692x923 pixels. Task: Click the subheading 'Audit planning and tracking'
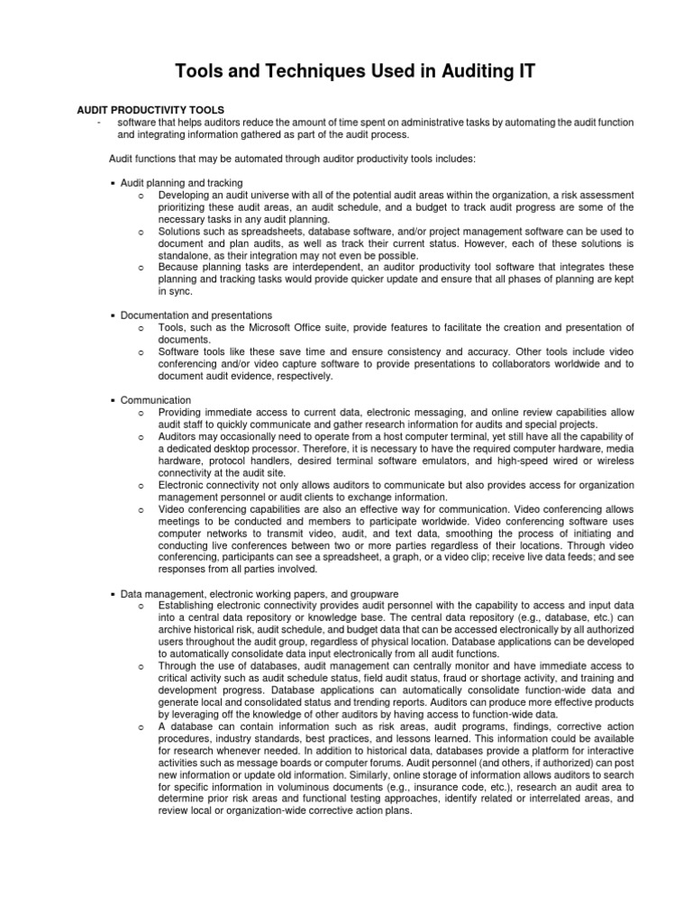[181, 182]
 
